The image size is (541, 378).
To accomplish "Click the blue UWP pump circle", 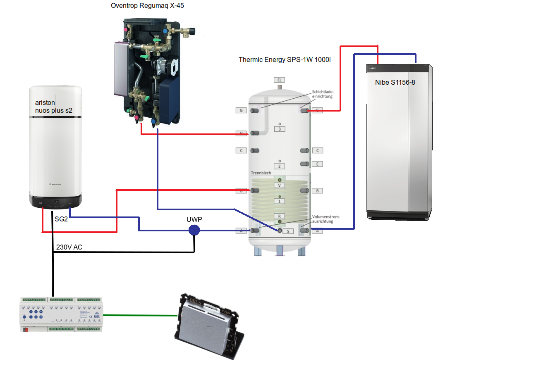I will point(194,230).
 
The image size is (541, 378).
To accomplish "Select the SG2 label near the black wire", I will point(61,219).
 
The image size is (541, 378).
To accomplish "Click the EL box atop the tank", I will point(279,79).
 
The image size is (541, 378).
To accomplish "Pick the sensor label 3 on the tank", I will point(280,129).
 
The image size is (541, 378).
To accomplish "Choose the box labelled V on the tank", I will point(280,185).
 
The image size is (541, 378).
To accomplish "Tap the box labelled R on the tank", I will point(280,216).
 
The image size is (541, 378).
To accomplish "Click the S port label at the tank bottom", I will point(288,231).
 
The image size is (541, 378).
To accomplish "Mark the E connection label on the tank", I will point(317,164).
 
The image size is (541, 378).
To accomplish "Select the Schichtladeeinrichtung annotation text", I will point(323,94).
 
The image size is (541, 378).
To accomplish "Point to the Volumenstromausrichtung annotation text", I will point(326,219).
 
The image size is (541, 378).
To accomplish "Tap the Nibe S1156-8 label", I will point(395,82).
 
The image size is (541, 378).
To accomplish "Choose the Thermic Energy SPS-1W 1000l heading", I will point(285,59).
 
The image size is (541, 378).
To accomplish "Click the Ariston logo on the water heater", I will point(55,184).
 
